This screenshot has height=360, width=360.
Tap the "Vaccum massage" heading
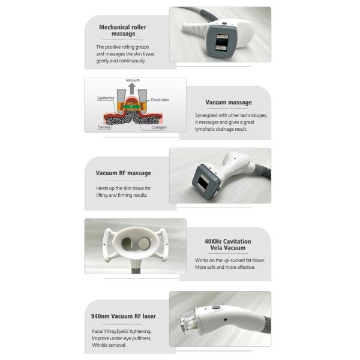(228, 102)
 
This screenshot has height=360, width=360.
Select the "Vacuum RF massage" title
(123, 173)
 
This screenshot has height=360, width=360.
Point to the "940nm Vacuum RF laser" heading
(124, 316)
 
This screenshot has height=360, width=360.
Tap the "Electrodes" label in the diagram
(160, 100)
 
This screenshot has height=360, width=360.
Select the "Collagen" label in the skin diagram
(159, 127)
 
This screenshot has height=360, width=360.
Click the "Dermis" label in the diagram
(103, 127)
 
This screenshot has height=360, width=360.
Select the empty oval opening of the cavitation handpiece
(128, 243)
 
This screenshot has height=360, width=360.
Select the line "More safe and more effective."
(225, 268)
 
